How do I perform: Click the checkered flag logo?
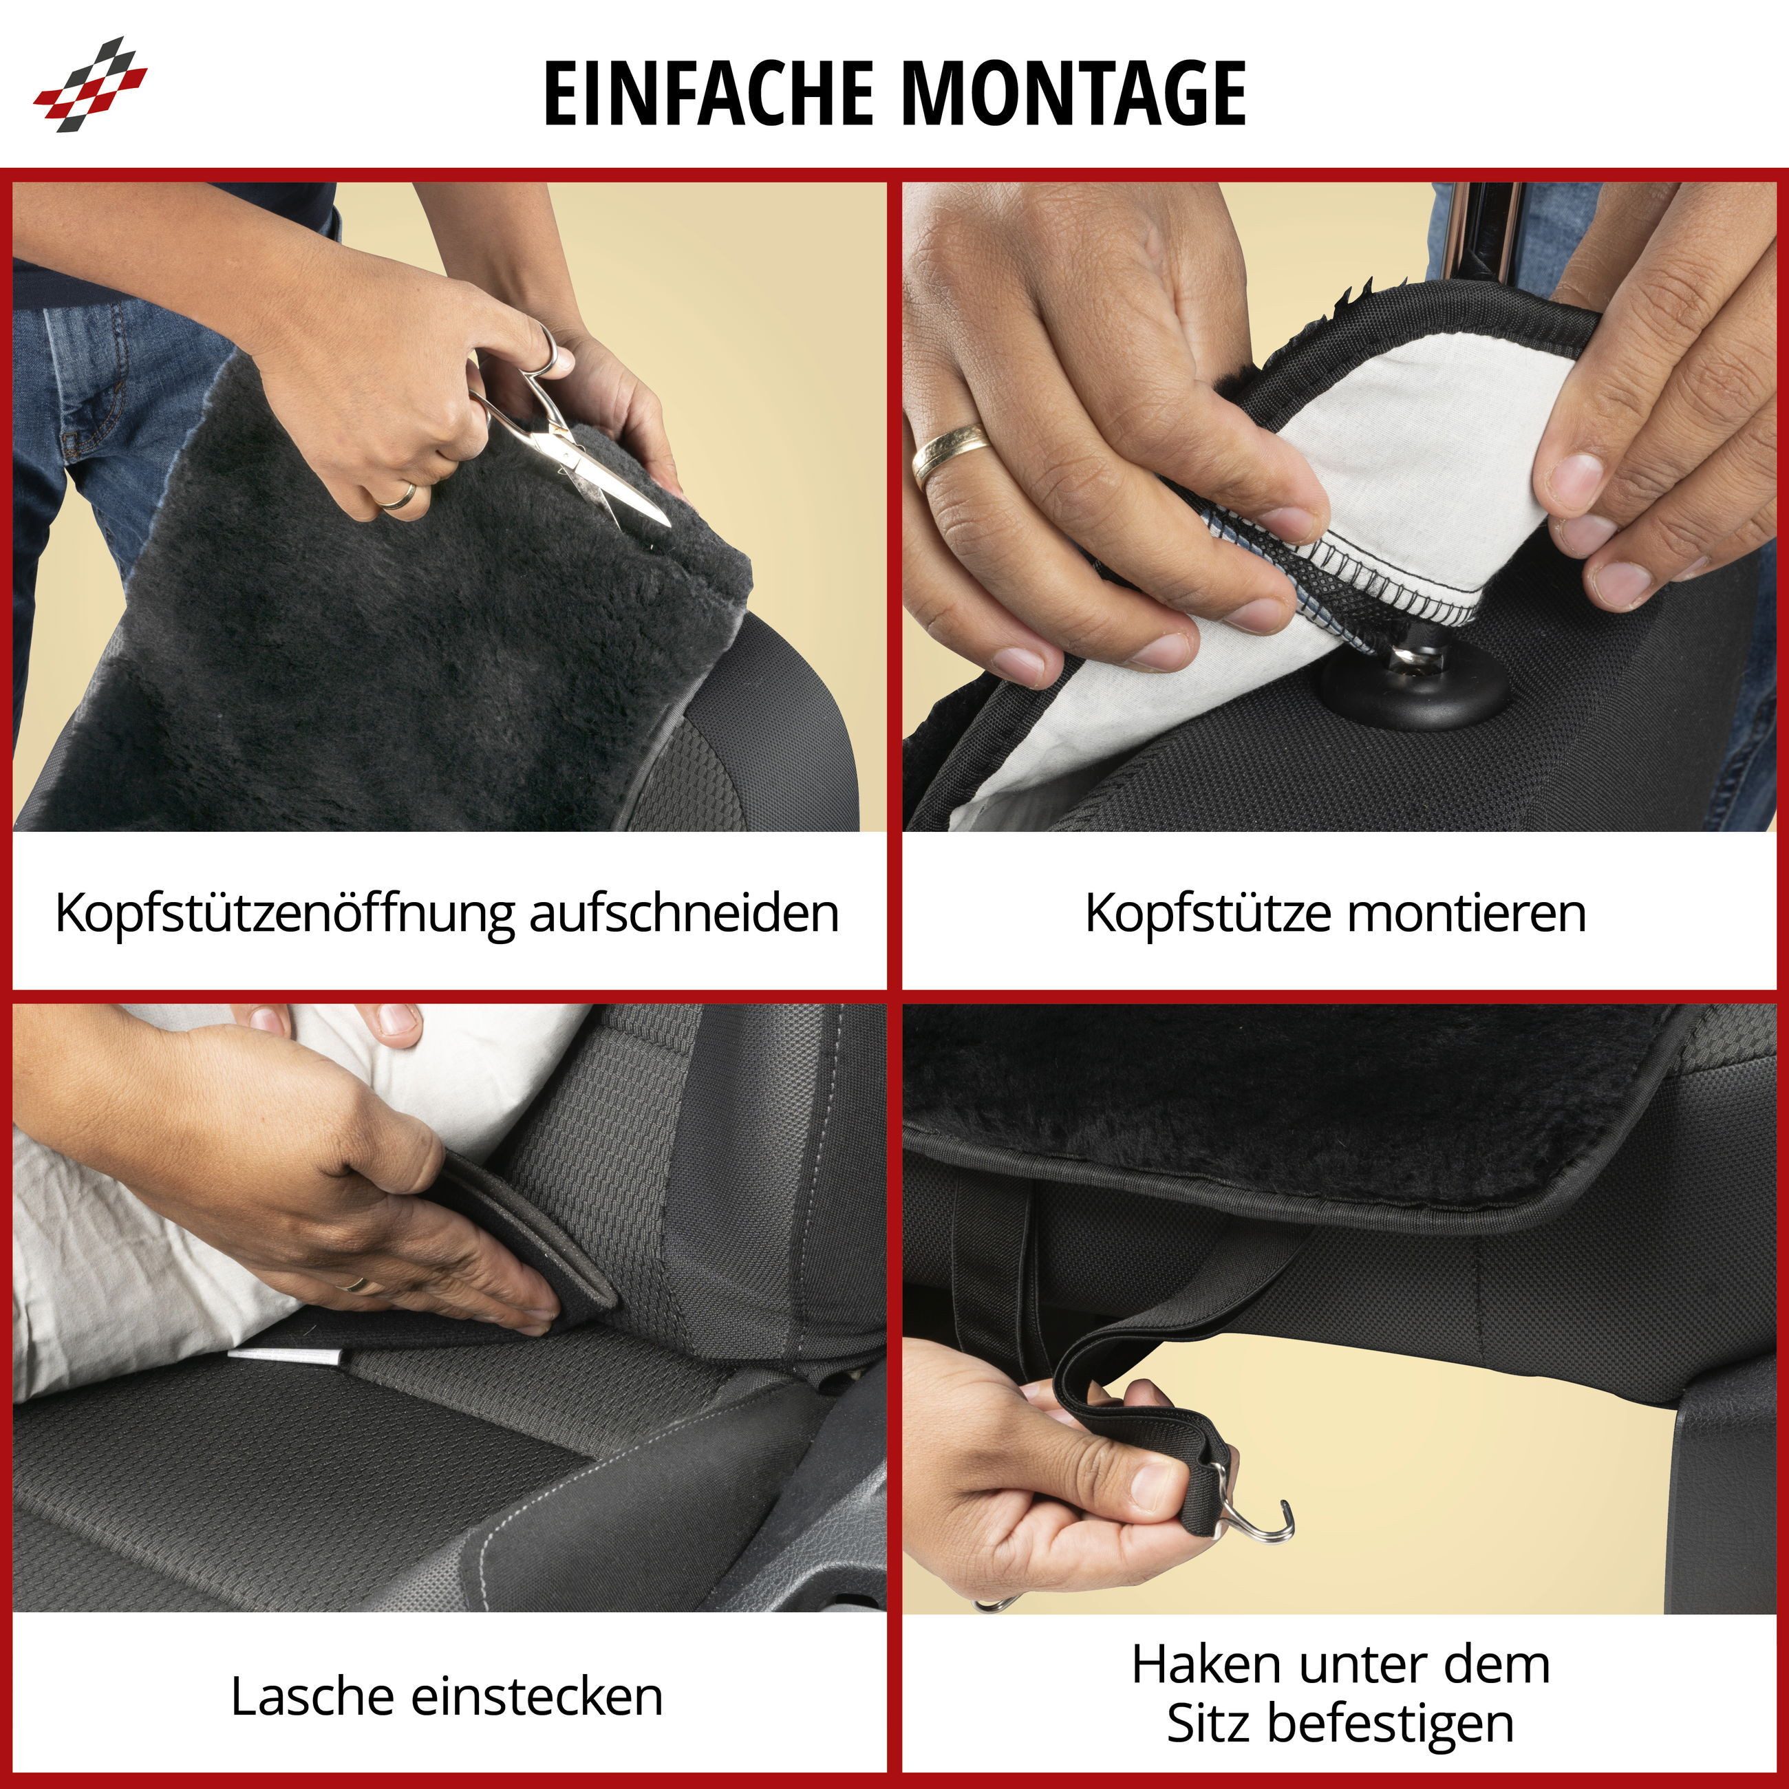[x=90, y=84]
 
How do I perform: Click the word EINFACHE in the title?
[x=709, y=93]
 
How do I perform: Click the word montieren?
[x=1467, y=914]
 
